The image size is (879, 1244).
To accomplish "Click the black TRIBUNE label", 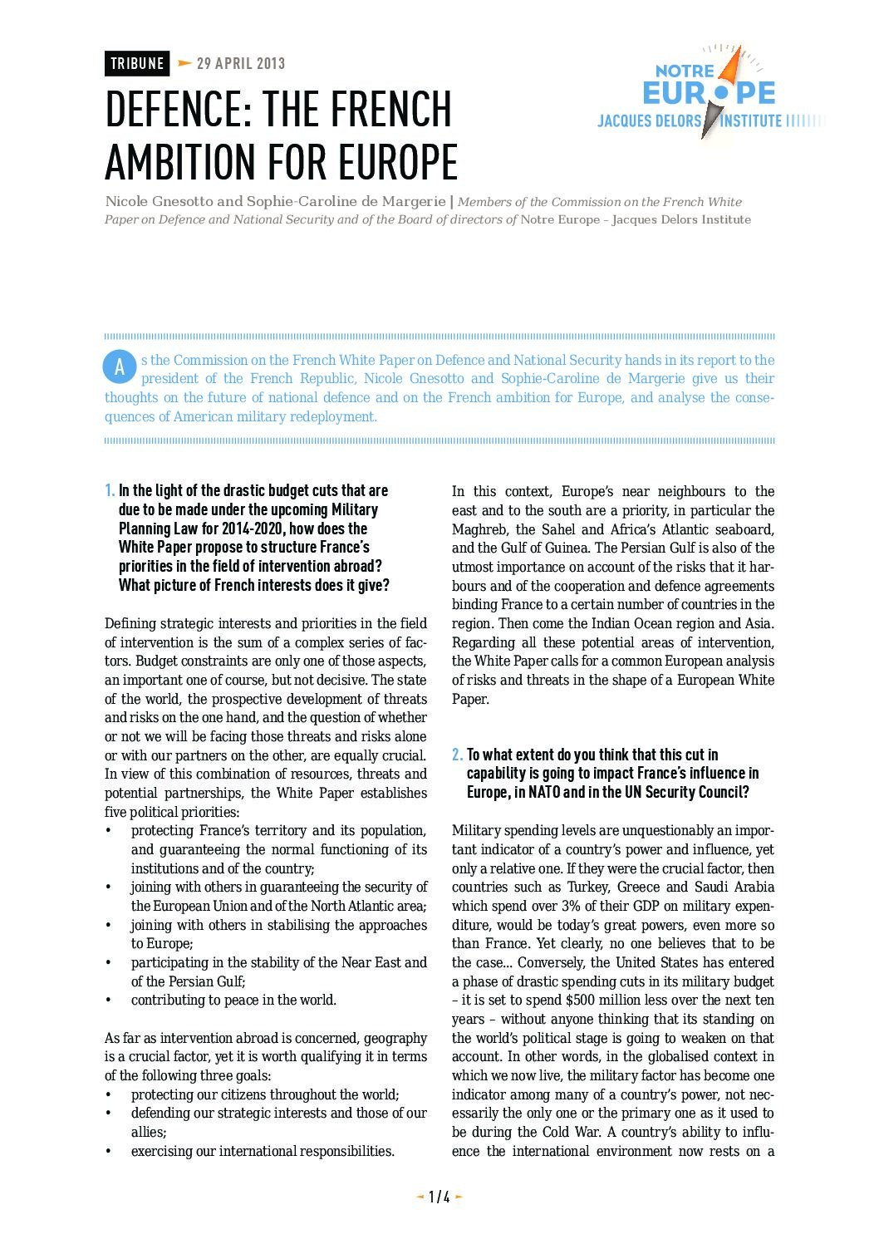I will coord(137,64).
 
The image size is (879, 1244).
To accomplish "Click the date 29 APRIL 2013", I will coord(240,64).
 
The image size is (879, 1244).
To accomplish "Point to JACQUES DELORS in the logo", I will coord(649,121).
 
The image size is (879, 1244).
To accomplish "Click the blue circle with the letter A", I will coord(120,367).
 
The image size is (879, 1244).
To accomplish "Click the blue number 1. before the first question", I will coord(110,491).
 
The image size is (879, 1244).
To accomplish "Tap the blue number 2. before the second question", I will coord(458,755).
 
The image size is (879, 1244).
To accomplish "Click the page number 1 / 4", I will coord(439,1197).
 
